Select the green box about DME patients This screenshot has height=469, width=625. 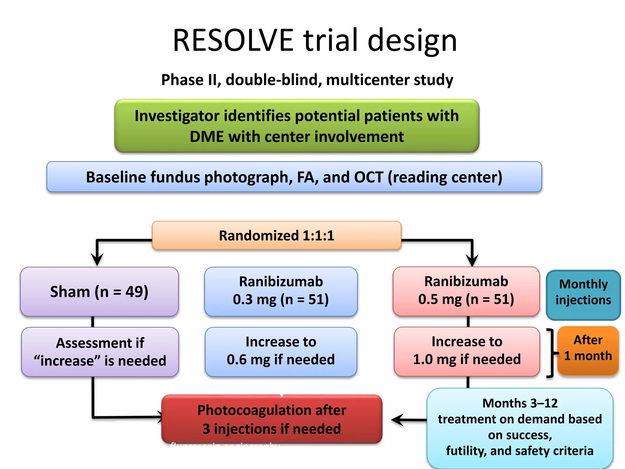pyautogui.click(x=297, y=126)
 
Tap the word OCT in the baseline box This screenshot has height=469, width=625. pyautogui.click(x=368, y=177)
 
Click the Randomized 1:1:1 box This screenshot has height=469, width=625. pyautogui.click(x=276, y=235)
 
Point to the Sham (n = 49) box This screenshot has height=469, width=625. pyautogui.click(x=99, y=292)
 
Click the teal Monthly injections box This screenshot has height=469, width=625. pyautogui.click(x=583, y=295)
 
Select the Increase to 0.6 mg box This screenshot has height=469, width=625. pyautogui.click(x=281, y=351)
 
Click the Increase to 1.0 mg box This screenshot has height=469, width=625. pyautogui.click(x=467, y=351)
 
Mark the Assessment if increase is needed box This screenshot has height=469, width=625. pyautogui.click(x=100, y=352)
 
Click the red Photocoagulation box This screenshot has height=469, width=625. pyautogui.click(x=272, y=419)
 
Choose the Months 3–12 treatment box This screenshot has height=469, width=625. pyautogui.click(x=520, y=427)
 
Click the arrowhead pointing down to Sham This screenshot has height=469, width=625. pyautogui.click(x=97, y=260)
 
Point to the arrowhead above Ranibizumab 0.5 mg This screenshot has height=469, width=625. pyautogui.click(x=472, y=260)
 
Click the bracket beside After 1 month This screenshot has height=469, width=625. pyautogui.click(x=551, y=353)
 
